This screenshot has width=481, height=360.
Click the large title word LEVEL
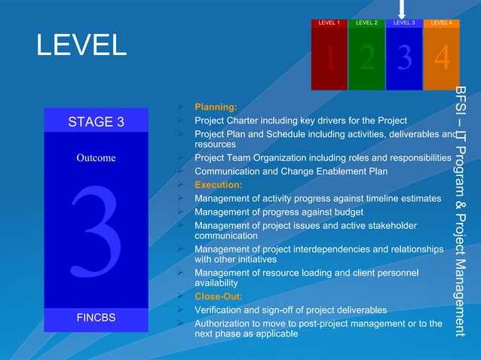coord(81,46)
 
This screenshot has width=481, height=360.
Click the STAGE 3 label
coord(97,121)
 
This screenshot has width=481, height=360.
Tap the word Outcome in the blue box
coord(96,158)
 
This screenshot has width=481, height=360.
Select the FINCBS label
coord(97,318)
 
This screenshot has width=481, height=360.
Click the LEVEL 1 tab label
coord(329,23)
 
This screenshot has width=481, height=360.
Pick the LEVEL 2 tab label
coord(366,23)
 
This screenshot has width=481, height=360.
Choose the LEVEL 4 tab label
coord(441,23)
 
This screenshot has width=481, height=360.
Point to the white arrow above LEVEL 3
coord(403,8)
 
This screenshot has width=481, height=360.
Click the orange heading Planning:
coord(216,108)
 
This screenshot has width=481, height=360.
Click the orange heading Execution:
coord(218,185)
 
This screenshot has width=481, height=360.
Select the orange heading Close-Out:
coord(219,297)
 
